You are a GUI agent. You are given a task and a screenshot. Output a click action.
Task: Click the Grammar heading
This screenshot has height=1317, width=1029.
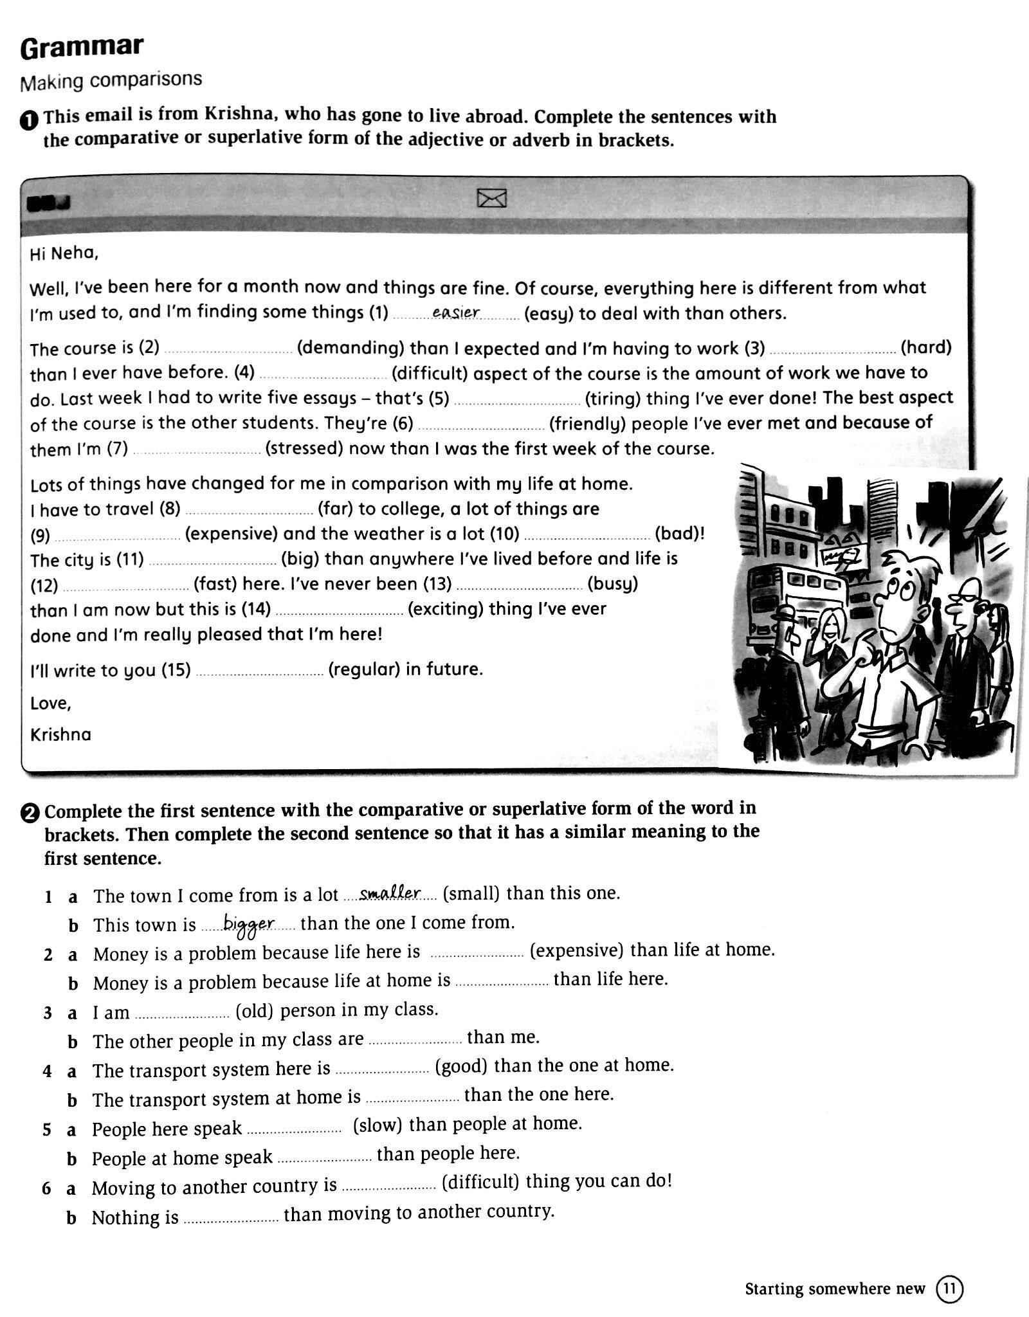(82, 48)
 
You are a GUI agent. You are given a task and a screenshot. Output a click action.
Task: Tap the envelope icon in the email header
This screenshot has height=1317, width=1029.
(492, 199)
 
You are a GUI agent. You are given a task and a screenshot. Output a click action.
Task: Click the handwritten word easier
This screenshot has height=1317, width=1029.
(456, 313)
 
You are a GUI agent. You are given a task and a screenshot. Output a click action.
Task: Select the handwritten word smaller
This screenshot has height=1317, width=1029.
(390, 893)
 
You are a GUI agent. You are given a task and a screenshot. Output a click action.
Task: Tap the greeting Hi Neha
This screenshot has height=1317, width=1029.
(64, 253)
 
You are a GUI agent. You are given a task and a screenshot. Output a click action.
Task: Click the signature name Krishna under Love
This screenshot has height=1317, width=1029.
(60, 734)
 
